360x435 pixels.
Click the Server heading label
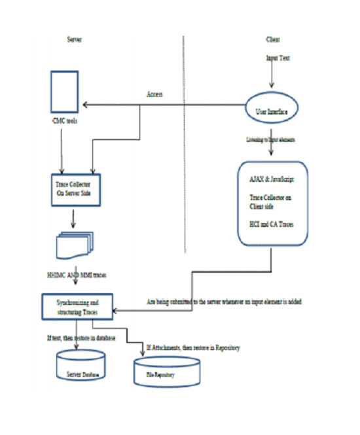(x=75, y=40)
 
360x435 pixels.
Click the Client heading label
(x=273, y=40)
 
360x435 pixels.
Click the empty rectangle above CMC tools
(x=64, y=94)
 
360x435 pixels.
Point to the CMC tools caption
(x=65, y=122)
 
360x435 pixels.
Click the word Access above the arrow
(x=154, y=94)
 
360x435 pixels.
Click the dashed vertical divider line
(x=184, y=164)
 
